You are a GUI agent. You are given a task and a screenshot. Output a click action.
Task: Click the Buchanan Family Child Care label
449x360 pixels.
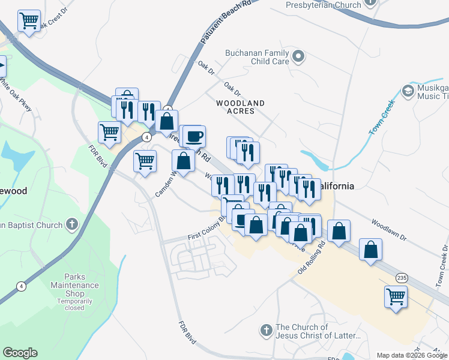257,57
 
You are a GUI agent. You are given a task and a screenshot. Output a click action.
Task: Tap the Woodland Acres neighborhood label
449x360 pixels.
240,107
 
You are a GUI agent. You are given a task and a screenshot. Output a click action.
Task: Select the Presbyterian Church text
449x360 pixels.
323,5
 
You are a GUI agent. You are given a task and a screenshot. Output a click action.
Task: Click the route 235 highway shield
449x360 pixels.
402,277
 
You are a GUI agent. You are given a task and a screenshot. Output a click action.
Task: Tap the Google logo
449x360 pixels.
20,353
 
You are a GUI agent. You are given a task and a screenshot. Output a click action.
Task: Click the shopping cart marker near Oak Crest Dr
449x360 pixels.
29,21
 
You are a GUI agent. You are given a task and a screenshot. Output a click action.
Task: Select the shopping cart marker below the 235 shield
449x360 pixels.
396,296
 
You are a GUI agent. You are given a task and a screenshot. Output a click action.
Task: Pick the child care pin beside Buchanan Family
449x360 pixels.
299,57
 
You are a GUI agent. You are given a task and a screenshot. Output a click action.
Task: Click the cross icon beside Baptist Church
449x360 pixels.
71,225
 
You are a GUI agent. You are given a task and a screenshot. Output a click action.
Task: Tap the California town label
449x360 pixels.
337,186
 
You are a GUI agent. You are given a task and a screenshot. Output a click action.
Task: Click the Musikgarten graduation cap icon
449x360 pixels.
408,91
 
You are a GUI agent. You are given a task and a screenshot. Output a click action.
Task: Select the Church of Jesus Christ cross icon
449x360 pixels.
267,330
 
